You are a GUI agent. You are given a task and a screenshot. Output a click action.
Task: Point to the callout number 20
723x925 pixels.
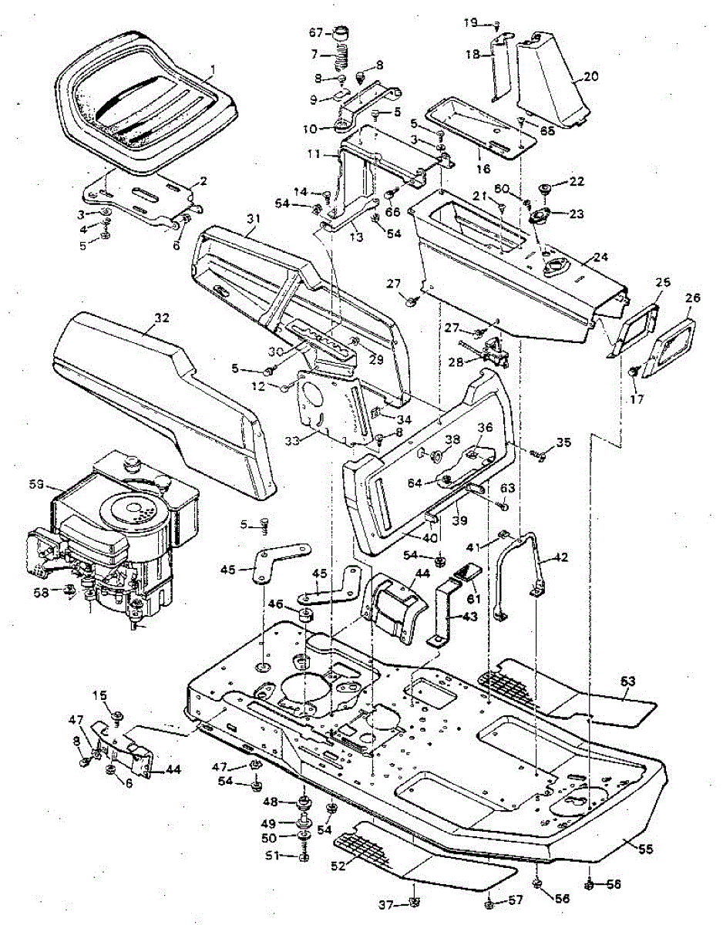tap(591, 76)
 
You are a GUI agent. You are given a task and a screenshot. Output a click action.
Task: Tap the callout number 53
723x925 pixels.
tap(629, 681)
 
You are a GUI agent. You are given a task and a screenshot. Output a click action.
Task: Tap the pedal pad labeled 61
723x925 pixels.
tap(469, 572)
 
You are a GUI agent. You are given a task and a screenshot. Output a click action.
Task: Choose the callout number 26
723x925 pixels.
tap(688, 296)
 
